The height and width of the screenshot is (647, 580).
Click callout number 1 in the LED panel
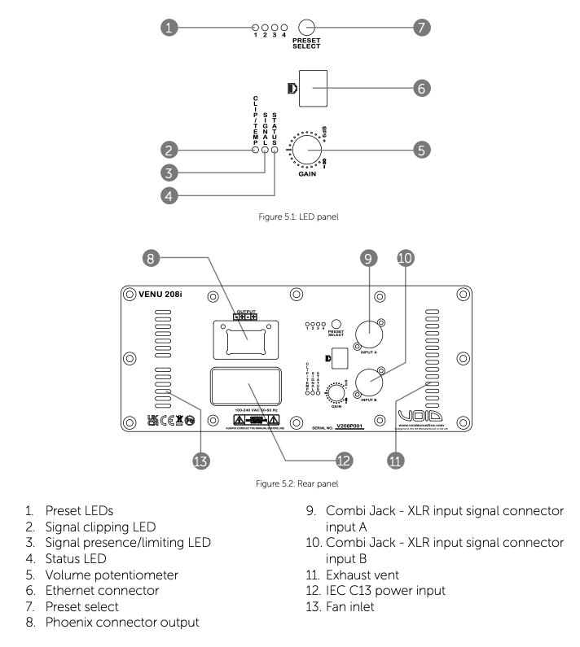(168, 26)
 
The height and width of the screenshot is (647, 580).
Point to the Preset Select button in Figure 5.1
(308, 27)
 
